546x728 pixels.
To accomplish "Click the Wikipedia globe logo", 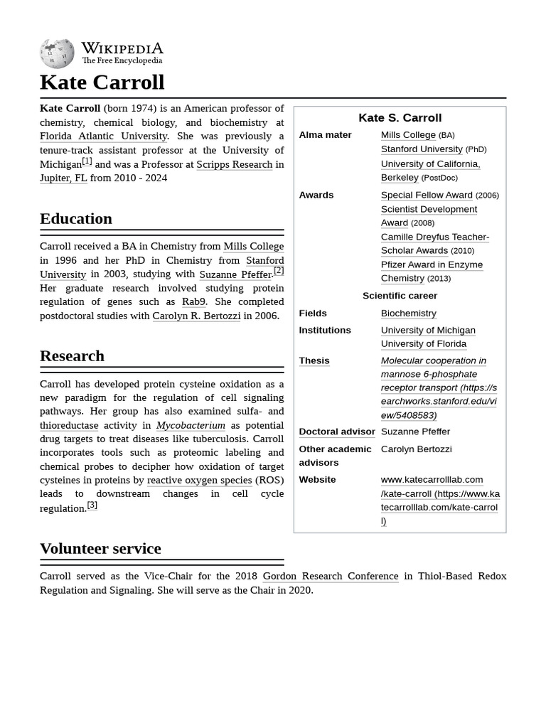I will coord(57,53).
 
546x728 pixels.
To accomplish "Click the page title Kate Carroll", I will coord(102,82).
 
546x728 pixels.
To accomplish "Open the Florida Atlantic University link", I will coord(103,136).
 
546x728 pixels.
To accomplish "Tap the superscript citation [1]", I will coord(87,161).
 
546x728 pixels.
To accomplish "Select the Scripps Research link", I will coord(234,164).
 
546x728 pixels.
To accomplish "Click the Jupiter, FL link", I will coord(63,178).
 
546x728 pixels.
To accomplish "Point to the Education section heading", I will coord(75,218).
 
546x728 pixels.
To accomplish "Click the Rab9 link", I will coord(193,301).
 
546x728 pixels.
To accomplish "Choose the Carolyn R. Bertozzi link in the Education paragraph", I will coord(196,316).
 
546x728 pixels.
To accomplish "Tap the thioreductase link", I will coord(69,425).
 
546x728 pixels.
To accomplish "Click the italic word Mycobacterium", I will coord(191,425).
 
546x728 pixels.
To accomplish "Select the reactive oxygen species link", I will coord(199,480).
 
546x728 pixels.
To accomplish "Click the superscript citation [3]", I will coord(92,505).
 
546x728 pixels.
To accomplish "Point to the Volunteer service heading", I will coord(100,548).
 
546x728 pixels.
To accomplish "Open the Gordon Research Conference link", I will coord(330,576).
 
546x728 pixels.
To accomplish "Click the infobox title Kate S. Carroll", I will coord(400,118).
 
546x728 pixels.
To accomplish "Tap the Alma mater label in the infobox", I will coord(325,135).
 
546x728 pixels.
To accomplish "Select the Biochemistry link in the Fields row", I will coord(408,313).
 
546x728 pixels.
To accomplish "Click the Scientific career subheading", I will coord(400,296).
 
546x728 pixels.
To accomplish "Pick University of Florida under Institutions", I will coord(423,343).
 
